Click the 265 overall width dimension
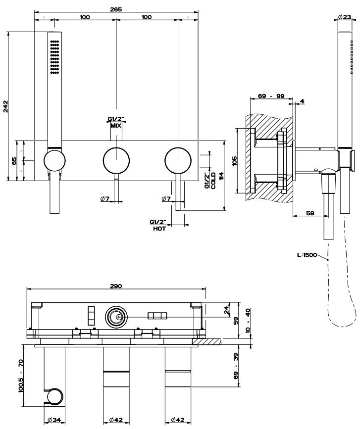[x=116, y=9]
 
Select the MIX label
[x=116, y=126]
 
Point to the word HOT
[x=159, y=229]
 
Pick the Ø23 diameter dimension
[x=345, y=17]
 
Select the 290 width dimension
[x=116, y=286]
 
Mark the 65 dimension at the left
[x=14, y=160]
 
